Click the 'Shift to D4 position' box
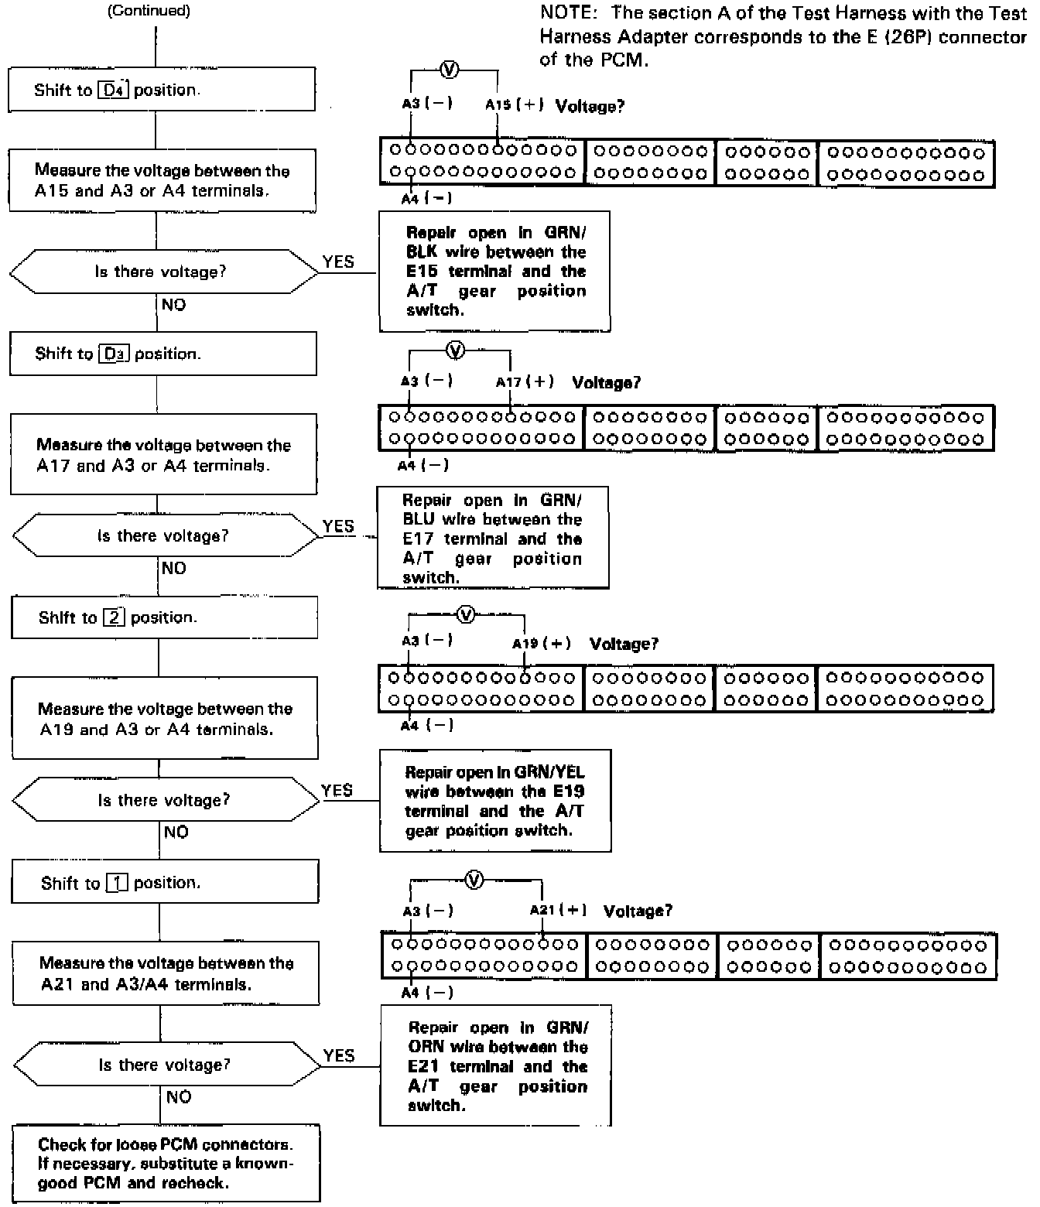162,89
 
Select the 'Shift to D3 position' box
162,354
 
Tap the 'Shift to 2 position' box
164,617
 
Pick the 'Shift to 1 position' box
165,882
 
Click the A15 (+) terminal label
515,104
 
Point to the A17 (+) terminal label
525,381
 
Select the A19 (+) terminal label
542,644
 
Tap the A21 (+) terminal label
558,911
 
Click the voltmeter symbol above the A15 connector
449,70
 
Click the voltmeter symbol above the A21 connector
475,880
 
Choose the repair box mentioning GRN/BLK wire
495,271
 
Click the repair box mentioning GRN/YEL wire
495,801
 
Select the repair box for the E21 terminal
495,1065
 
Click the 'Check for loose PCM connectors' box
166,1163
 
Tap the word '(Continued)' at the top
149,11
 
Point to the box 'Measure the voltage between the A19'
165,719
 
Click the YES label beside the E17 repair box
338,526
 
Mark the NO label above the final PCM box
179,1096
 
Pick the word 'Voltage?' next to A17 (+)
606,382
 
